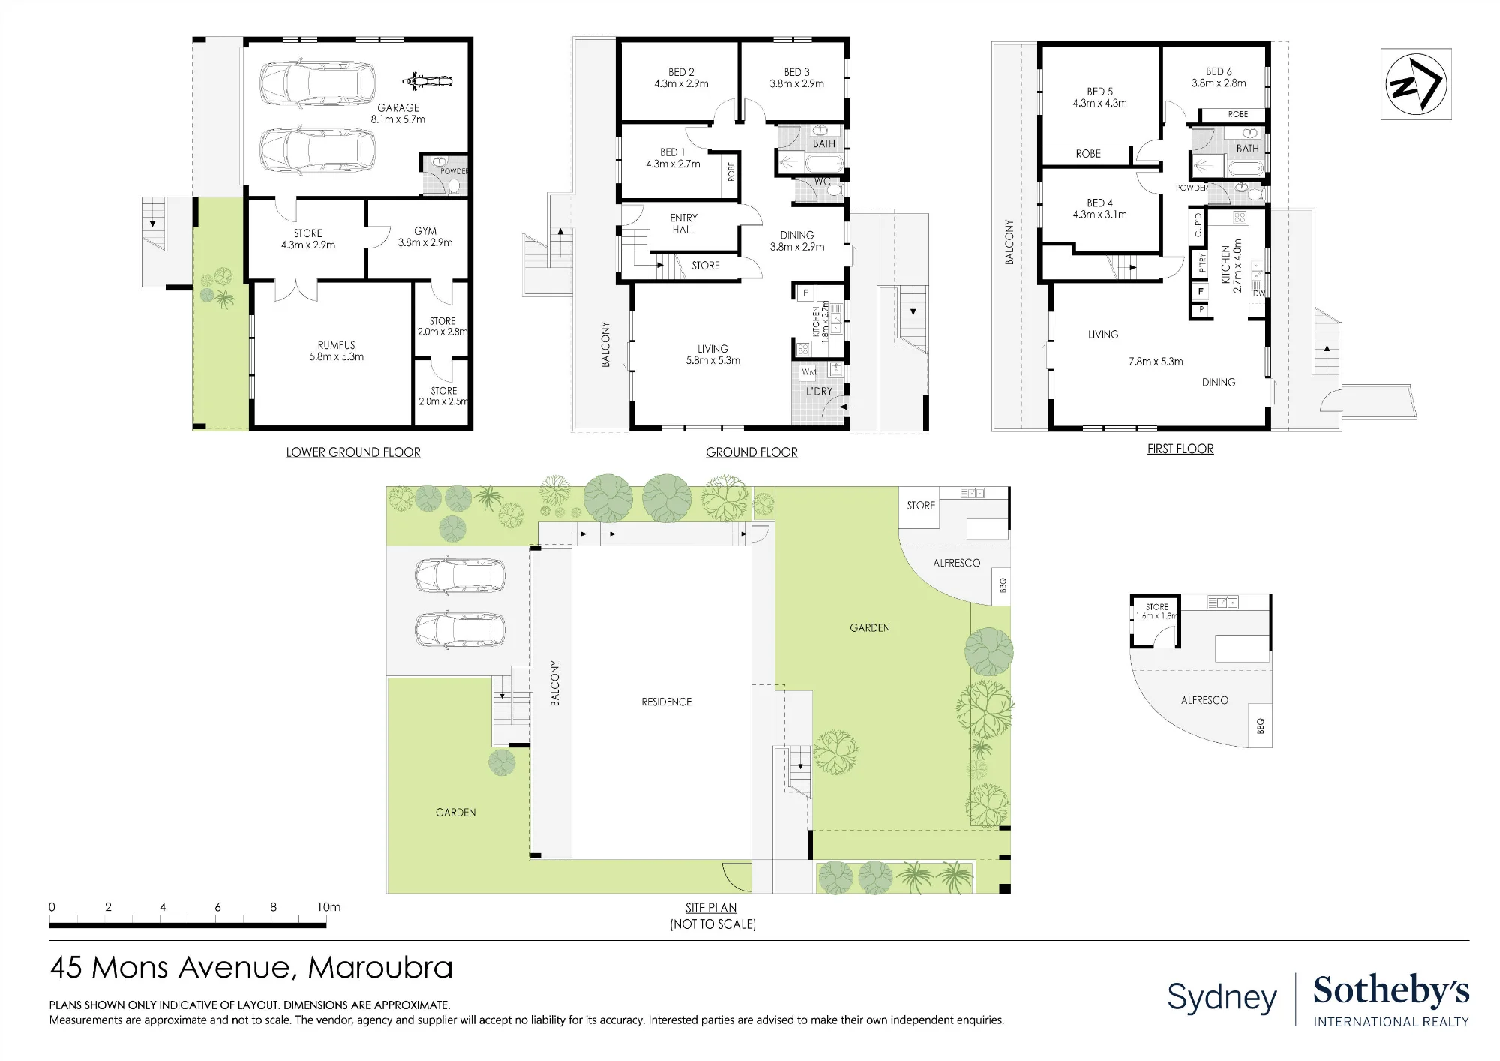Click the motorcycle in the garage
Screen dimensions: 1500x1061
[427, 80]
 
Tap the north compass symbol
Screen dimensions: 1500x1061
[1416, 84]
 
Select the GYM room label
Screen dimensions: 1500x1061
[425, 231]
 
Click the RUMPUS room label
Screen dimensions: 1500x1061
[337, 345]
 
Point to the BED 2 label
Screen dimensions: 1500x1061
[681, 72]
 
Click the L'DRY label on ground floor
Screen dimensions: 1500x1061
[819, 391]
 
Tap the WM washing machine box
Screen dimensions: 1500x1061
[808, 371]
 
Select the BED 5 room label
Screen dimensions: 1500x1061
[1099, 92]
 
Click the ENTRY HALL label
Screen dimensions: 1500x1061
[683, 224]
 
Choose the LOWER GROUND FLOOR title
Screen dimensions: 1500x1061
[353, 452]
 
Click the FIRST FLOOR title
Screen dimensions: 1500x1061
[1180, 449]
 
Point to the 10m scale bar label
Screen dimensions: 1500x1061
[328, 907]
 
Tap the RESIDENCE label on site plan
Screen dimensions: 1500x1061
[667, 702]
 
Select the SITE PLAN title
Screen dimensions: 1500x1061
[711, 908]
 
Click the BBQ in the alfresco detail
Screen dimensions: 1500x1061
[1261, 726]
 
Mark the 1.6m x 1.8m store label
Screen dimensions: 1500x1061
[1156, 616]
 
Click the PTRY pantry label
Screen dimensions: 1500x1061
[1202, 263]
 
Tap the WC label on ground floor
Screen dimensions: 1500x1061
[823, 182]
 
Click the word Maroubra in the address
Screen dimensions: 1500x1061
[380, 968]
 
